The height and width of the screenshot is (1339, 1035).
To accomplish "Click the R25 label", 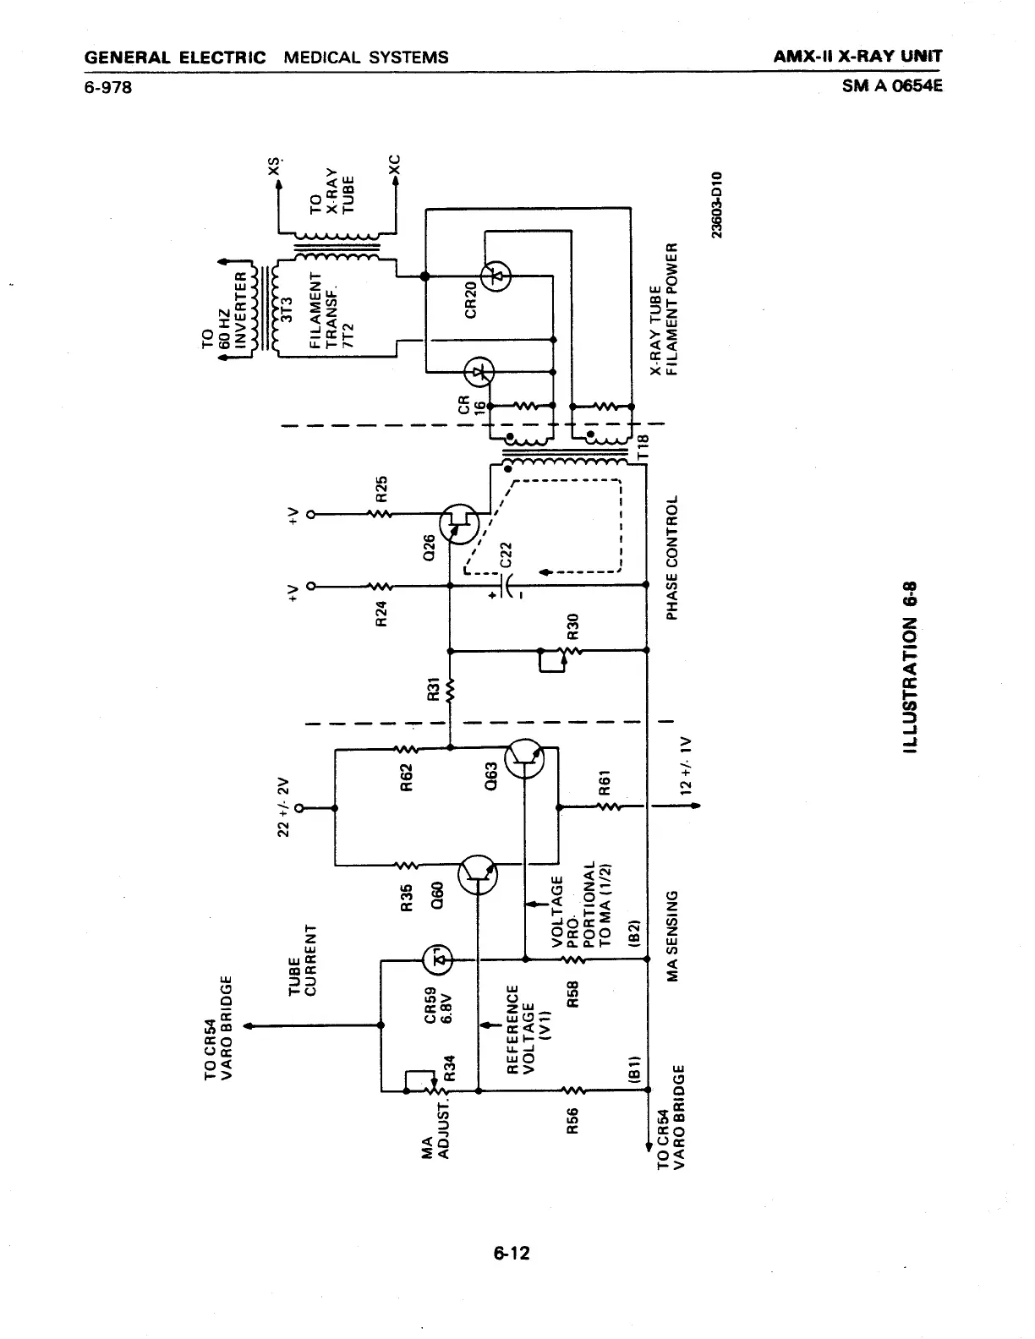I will click(x=381, y=489).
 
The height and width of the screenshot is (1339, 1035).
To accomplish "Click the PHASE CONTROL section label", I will click(x=673, y=558).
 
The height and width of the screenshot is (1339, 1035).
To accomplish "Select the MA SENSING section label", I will click(x=673, y=936).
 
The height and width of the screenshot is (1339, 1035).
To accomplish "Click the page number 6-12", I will click(x=512, y=1253).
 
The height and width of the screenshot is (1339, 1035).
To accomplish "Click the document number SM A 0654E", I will click(x=891, y=85).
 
